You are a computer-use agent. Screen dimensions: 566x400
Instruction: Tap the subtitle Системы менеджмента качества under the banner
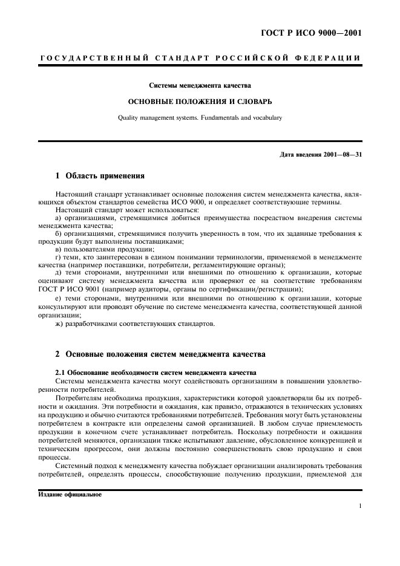(x=200, y=86)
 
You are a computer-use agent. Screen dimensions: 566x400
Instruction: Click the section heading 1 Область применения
(x=100, y=177)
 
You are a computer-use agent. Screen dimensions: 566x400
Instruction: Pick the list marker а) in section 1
(x=58, y=218)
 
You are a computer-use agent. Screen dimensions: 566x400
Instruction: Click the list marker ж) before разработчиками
(x=59, y=324)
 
